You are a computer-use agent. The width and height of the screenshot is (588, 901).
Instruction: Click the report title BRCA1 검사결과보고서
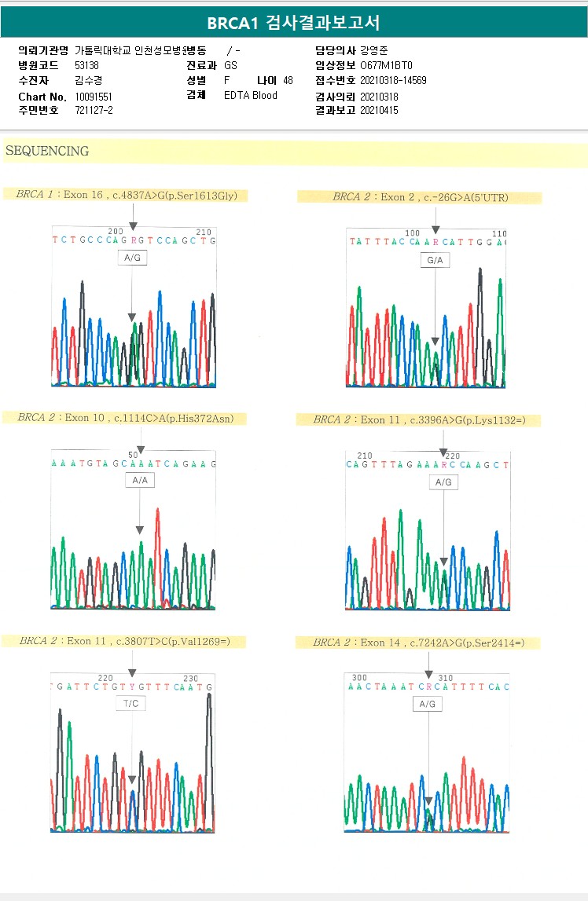pos(293,23)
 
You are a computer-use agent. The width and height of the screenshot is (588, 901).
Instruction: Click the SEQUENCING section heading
pos(47,151)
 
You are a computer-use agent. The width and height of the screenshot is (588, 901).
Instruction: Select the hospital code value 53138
pos(86,65)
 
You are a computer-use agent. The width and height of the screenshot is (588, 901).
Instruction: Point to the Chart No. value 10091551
pos(94,96)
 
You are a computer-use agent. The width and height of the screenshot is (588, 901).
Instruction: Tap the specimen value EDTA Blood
pos(251,96)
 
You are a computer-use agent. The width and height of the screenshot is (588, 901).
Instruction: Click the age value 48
pos(288,80)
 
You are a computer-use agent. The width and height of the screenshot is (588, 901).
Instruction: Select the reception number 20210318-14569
pos(393,81)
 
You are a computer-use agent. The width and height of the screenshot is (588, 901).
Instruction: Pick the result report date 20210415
pos(379,111)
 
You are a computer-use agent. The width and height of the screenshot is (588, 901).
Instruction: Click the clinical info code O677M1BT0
pos(386,65)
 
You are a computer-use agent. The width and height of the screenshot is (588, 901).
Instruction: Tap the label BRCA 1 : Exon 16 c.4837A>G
pos(127,195)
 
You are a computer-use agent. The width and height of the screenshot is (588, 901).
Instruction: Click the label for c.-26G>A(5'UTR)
pos(421,197)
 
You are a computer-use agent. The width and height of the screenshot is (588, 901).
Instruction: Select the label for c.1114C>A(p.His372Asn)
pos(126,418)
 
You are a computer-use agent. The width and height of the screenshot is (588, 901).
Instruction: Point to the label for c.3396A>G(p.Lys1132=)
pos(419,420)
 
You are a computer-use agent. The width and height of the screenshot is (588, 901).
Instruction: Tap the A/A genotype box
pos(140,480)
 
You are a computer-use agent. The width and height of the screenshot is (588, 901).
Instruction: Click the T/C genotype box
pos(130,704)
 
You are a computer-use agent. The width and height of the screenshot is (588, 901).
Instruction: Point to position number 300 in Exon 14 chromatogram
pos(359,677)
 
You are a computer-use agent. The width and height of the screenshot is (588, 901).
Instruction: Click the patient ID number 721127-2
pos(94,111)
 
